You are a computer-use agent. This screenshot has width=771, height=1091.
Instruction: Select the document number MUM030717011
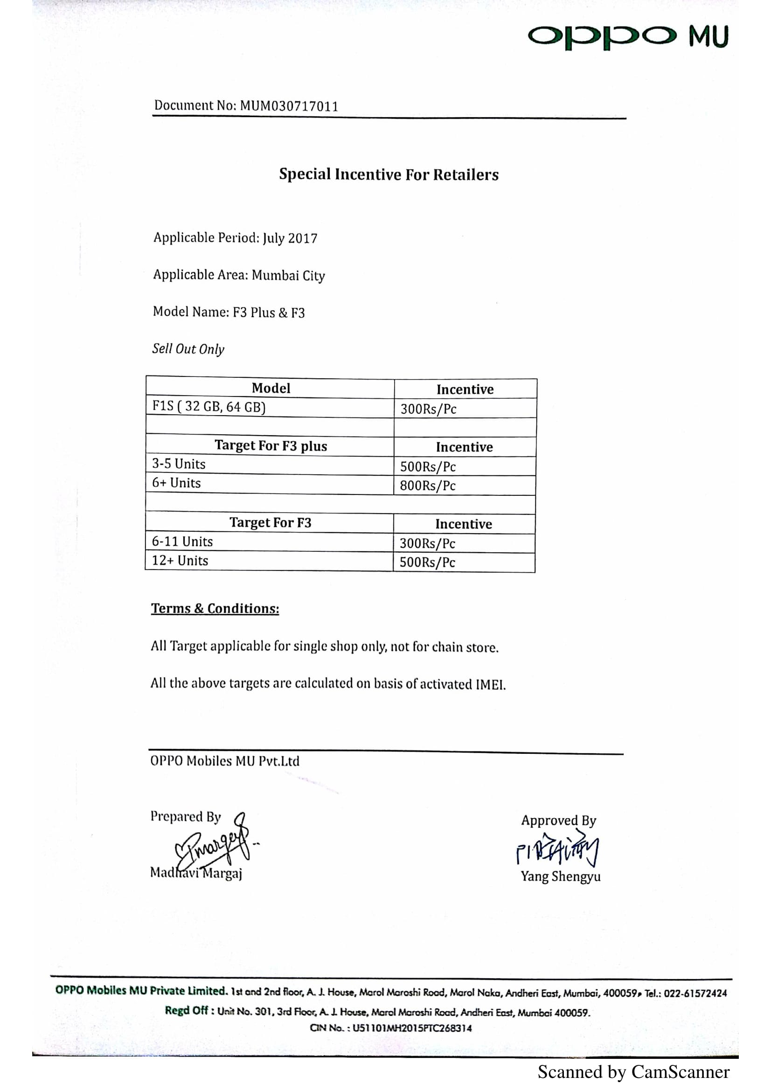(289, 106)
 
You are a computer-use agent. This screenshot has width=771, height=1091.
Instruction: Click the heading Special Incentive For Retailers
(389, 174)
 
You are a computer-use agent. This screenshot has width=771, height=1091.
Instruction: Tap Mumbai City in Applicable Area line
(288, 276)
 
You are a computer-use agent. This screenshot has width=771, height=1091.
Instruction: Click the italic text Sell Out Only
(188, 349)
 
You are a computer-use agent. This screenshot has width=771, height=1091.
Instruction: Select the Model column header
(271, 388)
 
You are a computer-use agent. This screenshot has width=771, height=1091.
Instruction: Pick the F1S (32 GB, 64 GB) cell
(208, 407)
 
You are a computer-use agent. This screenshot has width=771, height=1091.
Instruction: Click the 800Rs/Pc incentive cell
(428, 486)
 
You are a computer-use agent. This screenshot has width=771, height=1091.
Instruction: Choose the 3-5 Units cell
(179, 464)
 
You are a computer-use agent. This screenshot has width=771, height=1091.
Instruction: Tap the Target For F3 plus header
(271, 446)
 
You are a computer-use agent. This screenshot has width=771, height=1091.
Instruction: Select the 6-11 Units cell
(182, 542)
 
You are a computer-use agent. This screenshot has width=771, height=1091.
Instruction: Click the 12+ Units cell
(180, 561)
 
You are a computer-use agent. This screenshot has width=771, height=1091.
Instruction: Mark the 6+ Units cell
(176, 483)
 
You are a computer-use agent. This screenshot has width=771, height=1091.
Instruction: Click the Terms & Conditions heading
(215, 609)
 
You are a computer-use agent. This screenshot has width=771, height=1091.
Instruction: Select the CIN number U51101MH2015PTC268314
(412, 1028)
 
